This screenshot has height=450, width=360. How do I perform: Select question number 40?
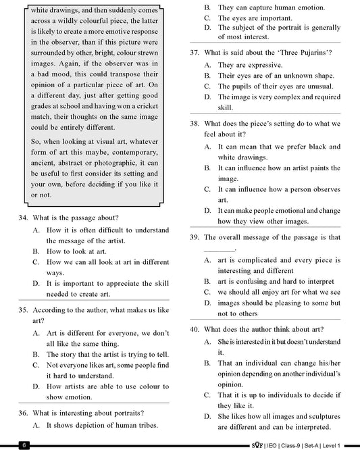[195, 329]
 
